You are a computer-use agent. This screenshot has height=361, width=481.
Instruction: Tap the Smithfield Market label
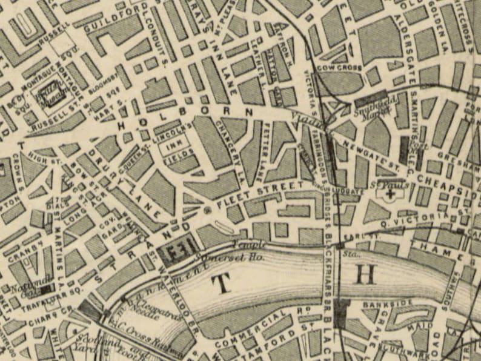click(371, 111)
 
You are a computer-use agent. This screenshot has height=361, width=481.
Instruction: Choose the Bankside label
click(379, 302)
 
